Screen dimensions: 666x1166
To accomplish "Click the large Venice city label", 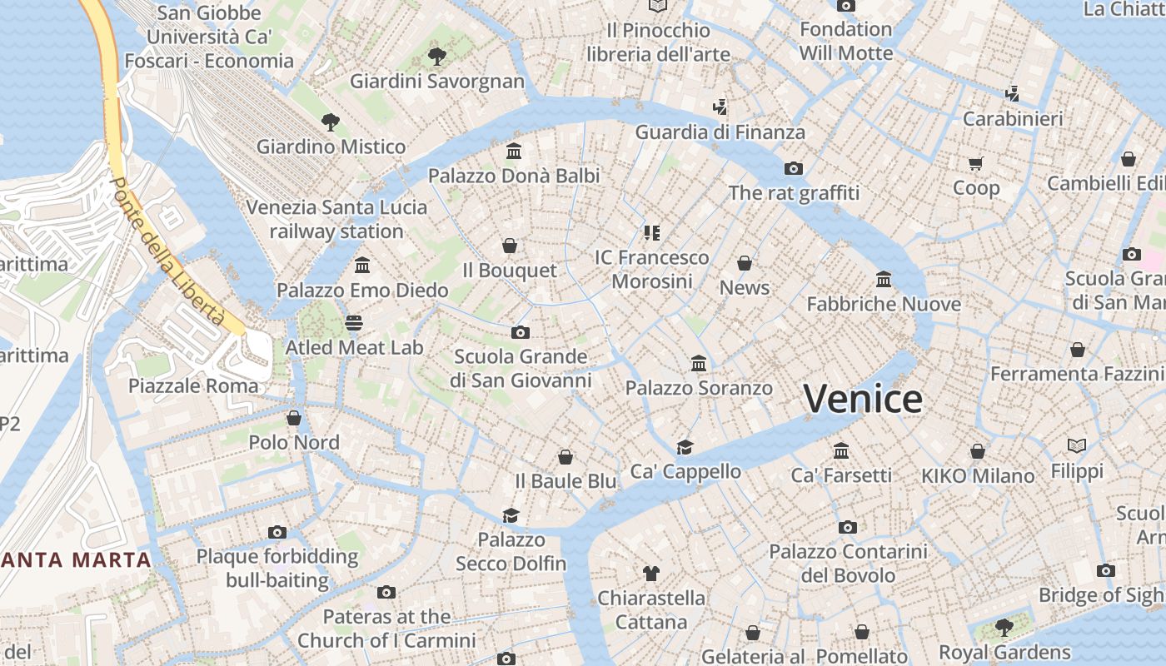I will coord(863,399).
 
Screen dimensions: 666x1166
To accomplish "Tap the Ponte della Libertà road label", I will coord(170,251).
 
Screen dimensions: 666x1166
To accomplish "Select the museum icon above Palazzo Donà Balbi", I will coord(514,152).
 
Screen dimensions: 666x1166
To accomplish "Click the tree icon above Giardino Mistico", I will coord(331,122).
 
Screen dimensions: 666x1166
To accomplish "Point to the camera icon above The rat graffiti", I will coord(794,168).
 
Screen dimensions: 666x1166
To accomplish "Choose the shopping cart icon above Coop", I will coord(976,163).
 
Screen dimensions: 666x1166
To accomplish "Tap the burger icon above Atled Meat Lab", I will coord(355,322).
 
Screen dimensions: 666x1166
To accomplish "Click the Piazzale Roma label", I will coord(193,385).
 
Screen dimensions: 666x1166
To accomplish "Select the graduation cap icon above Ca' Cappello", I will coord(685,447).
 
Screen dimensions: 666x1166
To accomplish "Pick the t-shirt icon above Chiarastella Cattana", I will coord(651,573).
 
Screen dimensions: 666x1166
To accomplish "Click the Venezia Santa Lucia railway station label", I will coord(336,219).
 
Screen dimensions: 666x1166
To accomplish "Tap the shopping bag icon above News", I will coord(745,263).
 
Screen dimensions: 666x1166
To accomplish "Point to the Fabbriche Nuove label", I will coord(884,304).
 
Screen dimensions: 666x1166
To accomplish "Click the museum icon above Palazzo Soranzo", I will coord(699,364).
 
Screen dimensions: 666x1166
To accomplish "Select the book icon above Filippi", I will coord(1077,446).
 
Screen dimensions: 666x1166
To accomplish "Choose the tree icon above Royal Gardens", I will coord(1004,627).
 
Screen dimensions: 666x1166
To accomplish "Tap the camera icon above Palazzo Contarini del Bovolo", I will coord(848,527).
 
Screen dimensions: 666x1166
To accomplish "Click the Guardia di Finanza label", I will coord(720,132).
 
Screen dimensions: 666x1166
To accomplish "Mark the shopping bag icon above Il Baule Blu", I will coord(566,456).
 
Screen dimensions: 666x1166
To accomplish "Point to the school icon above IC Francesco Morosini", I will coord(651,233).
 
